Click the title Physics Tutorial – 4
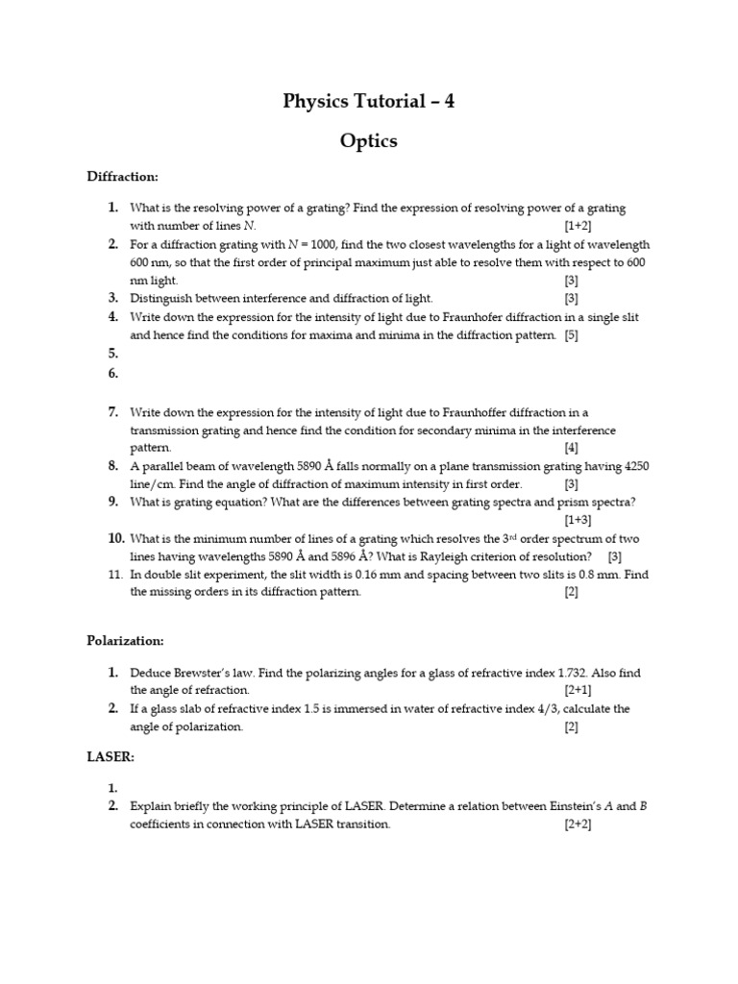click(369, 101)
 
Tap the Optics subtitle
click(369, 141)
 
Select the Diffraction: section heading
click(122, 177)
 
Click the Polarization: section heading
click(126, 639)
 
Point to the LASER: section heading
click(111, 757)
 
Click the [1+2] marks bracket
click(578, 226)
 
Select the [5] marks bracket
click(571, 335)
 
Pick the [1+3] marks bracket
click(578, 520)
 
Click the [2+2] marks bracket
click(578, 824)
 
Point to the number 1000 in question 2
click(308, 245)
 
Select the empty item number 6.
click(112, 373)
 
